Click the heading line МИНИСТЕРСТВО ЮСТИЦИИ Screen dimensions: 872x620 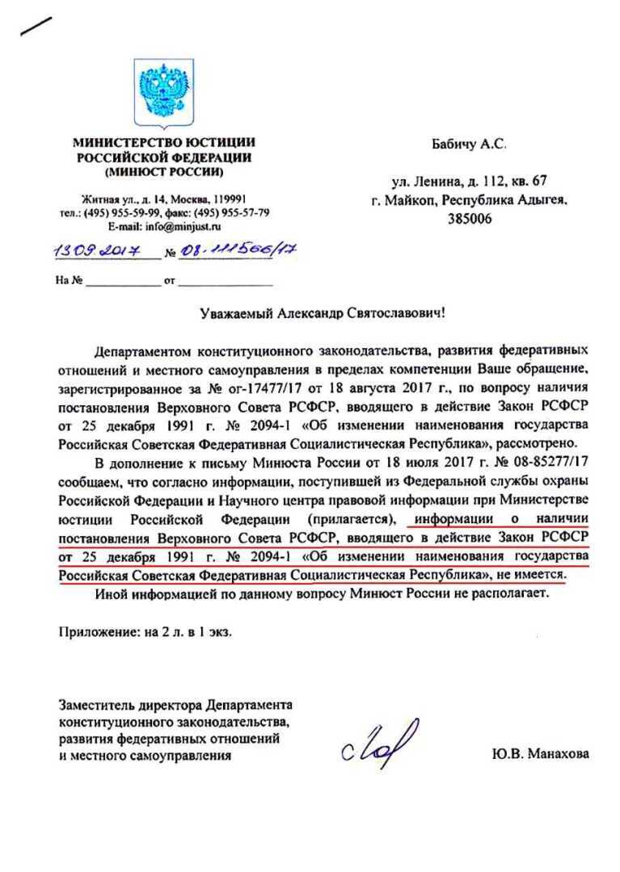click(x=163, y=143)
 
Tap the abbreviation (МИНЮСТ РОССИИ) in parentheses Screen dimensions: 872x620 click(x=164, y=171)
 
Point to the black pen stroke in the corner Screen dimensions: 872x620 click(x=36, y=26)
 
